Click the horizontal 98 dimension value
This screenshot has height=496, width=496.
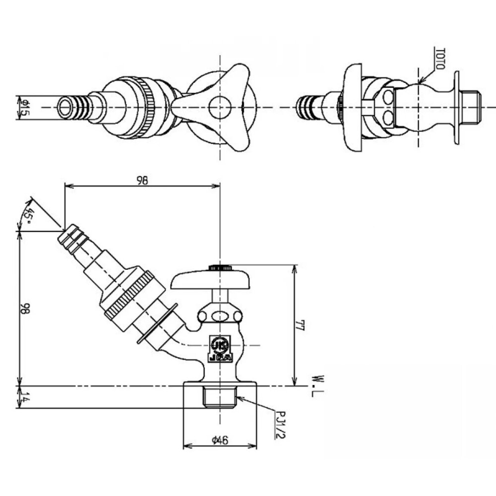tap(142, 181)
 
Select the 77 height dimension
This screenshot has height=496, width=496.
tap(299, 325)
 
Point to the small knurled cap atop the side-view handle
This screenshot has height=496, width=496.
tap(220, 268)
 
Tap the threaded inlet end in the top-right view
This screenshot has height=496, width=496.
tap(471, 107)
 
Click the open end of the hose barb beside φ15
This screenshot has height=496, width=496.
tap(65, 107)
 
